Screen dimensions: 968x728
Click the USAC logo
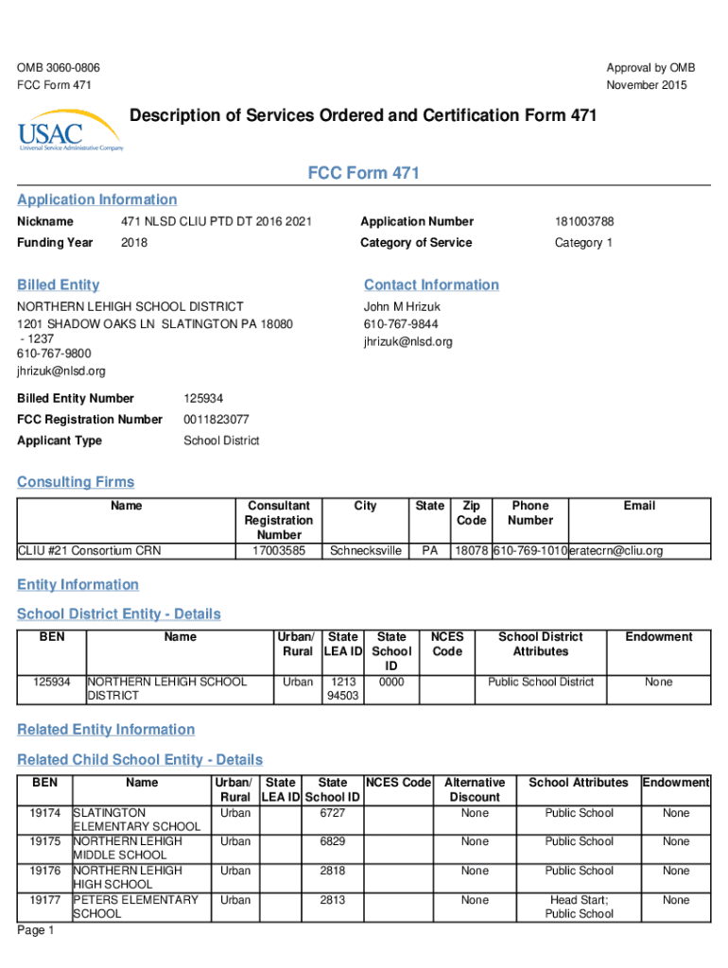(69, 136)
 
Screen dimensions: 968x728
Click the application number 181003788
(584, 222)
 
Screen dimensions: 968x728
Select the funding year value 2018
(134, 243)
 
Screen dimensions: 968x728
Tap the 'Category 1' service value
(579, 243)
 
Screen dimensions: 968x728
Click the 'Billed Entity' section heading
(58, 285)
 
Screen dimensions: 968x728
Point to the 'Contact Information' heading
(431, 285)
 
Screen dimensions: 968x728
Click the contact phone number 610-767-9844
(401, 324)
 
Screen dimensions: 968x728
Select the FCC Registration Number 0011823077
(217, 420)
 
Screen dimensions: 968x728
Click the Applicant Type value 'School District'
(222, 441)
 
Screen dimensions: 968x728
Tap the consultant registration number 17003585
(278, 551)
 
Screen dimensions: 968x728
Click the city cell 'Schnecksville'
(366, 551)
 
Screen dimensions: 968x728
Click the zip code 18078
(471, 551)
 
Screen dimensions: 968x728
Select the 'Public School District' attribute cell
(541, 683)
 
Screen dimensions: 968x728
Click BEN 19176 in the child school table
(45, 871)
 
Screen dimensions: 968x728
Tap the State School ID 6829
(332, 841)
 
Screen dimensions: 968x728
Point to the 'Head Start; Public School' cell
(580, 907)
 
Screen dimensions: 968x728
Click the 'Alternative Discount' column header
(475, 790)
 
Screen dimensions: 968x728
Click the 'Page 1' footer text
(36, 931)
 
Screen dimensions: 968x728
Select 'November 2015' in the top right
(647, 86)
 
